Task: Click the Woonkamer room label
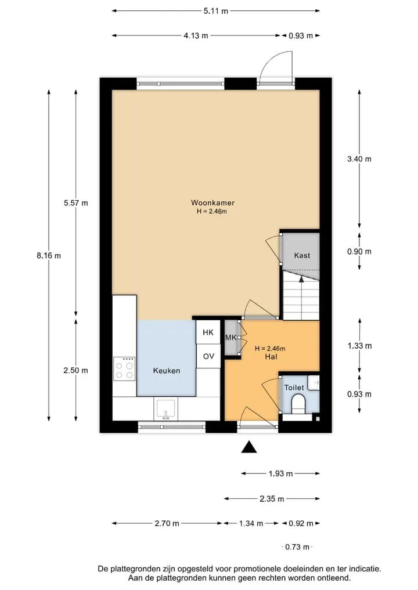[x=212, y=202]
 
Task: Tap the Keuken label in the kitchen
[x=167, y=371]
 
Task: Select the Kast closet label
[x=302, y=255]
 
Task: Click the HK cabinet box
[x=208, y=332]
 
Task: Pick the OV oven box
[x=208, y=356]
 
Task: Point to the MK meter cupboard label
[x=230, y=338]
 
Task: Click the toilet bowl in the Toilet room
[x=300, y=403]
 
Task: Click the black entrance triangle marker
[x=249, y=447]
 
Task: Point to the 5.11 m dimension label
[x=216, y=11]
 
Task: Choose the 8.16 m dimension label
[x=49, y=255]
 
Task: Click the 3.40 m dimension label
[x=359, y=159]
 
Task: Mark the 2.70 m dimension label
[x=167, y=523]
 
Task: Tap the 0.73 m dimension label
[x=297, y=546]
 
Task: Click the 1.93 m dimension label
[x=280, y=473]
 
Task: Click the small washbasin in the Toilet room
[x=313, y=382]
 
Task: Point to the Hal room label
[x=271, y=356]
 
